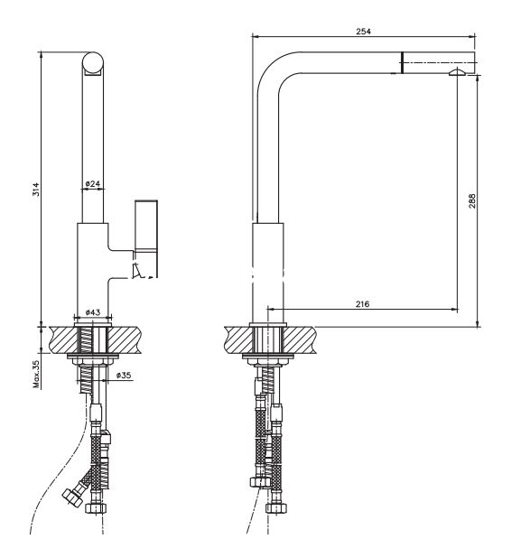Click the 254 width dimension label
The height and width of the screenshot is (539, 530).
coord(363,32)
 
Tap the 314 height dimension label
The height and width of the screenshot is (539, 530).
coord(36,190)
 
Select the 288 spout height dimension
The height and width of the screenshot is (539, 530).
coord(472,201)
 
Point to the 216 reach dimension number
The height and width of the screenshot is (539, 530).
coord(363,304)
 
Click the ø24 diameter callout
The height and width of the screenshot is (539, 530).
coord(93,183)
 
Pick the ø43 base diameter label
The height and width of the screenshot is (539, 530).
coord(93,312)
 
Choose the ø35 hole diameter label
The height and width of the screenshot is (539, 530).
coord(124,375)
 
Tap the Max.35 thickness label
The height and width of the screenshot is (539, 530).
coord(36,374)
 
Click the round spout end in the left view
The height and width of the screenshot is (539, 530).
coord(93,62)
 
